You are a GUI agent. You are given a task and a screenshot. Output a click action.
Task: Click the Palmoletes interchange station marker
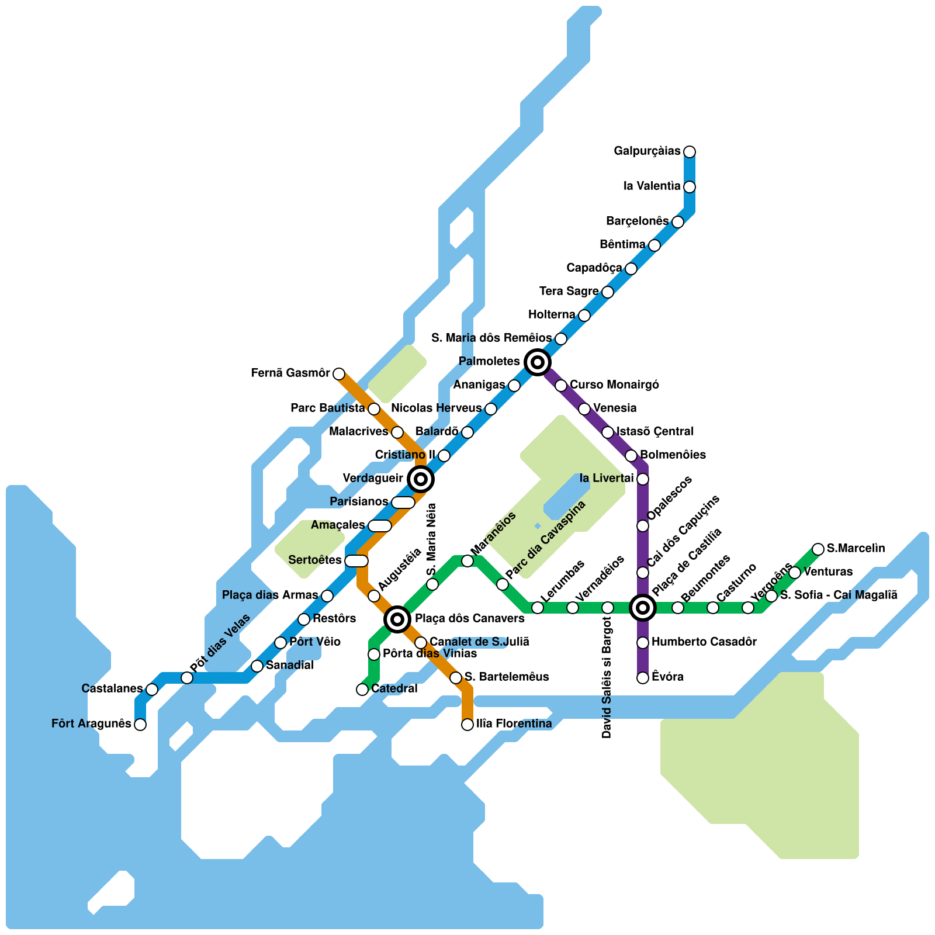[538, 362]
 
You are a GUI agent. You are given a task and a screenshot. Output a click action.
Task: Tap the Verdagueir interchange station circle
[421, 479]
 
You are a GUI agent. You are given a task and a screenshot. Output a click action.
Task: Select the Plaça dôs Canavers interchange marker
[397, 619]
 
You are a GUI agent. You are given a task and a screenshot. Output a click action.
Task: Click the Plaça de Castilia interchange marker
[643, 608]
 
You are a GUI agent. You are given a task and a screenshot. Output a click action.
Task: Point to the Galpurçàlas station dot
[690, 152]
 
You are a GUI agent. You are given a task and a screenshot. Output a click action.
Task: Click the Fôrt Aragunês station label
[91, 724]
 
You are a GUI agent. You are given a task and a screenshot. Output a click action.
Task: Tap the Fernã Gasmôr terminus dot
[339, 373]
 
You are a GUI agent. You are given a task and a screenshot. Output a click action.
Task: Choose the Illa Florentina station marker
[467, 725]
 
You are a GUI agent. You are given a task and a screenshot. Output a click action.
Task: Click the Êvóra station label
[667, 677]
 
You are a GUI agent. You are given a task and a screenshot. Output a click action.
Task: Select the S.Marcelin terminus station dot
[818, 549]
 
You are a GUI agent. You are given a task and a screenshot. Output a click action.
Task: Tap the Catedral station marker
[362, 690]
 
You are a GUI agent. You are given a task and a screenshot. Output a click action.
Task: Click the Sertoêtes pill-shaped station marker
[356, 561]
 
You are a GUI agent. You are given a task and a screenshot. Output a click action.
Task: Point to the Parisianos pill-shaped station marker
[403, 503]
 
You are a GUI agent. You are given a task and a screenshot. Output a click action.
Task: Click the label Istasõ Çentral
[655, 432]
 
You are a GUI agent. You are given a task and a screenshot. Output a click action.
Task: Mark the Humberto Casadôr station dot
[643, 643]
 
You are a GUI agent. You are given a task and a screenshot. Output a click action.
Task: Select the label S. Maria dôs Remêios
[491, 338]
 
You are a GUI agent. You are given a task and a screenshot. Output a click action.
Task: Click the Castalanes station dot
[152, 690]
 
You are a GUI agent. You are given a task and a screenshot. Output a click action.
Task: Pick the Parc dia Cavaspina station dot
[503, 584]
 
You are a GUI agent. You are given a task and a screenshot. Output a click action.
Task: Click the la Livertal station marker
[643, 479]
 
